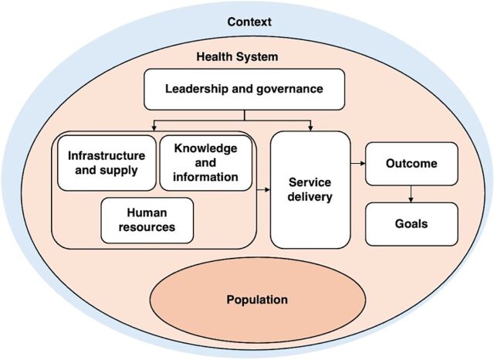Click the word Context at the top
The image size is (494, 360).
249,20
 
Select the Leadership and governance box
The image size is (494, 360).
243,88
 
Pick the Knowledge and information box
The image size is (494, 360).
206,161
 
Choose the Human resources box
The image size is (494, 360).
147,220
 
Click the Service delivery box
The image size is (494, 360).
310,190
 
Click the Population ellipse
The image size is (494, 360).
257,300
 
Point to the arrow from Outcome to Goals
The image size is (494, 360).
410,193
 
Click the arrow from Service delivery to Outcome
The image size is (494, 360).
357,164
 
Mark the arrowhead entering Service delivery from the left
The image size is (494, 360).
266,188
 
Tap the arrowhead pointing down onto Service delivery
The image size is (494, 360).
310,127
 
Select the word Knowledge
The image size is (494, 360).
206,148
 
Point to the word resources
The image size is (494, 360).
147,227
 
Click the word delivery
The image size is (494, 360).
310,197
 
